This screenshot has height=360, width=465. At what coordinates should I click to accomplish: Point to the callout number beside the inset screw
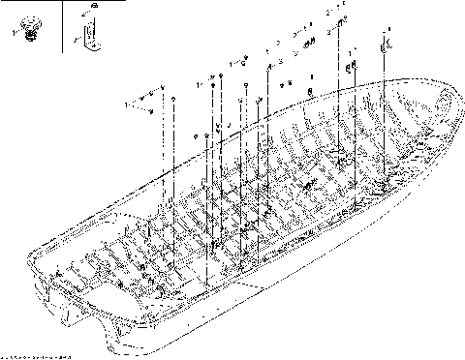15,32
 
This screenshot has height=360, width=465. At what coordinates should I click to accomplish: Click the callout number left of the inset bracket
74,39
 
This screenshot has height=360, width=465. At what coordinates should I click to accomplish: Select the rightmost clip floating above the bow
387,44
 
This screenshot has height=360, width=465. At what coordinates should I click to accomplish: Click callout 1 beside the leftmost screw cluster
129,100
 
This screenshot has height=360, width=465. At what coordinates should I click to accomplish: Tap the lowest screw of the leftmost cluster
153,112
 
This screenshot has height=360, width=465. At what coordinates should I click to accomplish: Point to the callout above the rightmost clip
386,32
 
